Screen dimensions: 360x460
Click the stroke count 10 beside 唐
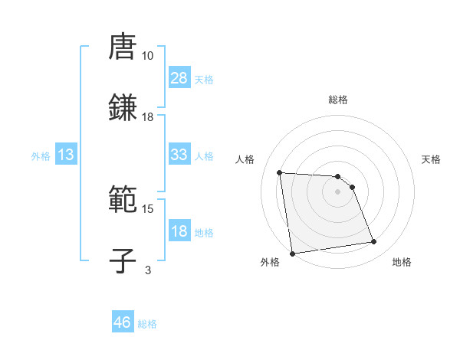click(147, 56)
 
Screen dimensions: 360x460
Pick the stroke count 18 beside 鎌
click(147, 116)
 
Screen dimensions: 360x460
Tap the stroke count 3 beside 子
click(147, 270)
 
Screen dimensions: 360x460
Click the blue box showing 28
click(179, 78)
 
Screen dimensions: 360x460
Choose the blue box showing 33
click(179, 155)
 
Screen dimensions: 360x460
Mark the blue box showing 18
click(179, 231)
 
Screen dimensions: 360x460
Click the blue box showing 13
click(66, 155)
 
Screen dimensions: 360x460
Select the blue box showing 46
click(123, 322)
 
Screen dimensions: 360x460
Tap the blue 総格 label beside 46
click(147, 324)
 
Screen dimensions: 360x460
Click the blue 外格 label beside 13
click(41, 156)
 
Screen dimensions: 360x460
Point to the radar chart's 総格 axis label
click(338, 100)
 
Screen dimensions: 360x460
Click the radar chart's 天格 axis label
click(432, 159)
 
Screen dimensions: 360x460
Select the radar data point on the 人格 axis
click(280, 172)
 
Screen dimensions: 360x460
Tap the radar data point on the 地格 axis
click(374, 242)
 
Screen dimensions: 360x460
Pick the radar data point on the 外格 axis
click(292, 254)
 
